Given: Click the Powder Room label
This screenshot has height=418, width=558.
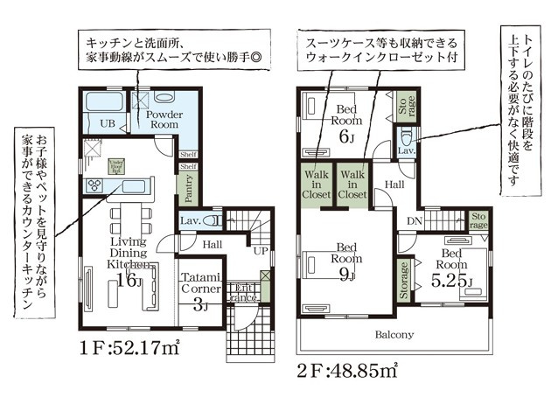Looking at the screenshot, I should click(x=164, y=120).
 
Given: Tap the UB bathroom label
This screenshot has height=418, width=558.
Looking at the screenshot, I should click(x=108, y=123).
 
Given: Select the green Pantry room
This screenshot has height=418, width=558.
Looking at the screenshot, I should click(x=188, y=185).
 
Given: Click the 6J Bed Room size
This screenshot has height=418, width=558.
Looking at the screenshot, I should click(x=347, y=137).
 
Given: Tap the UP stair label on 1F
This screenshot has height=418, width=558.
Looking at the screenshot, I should click(x=260, y=250).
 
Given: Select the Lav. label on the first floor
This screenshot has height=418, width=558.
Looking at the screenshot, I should click(x=192, y=221).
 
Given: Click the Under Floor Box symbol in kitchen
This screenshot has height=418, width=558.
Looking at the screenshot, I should click(x=115, y=165).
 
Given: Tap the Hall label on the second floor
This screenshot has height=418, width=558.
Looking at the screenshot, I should click(x=395, y=185).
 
